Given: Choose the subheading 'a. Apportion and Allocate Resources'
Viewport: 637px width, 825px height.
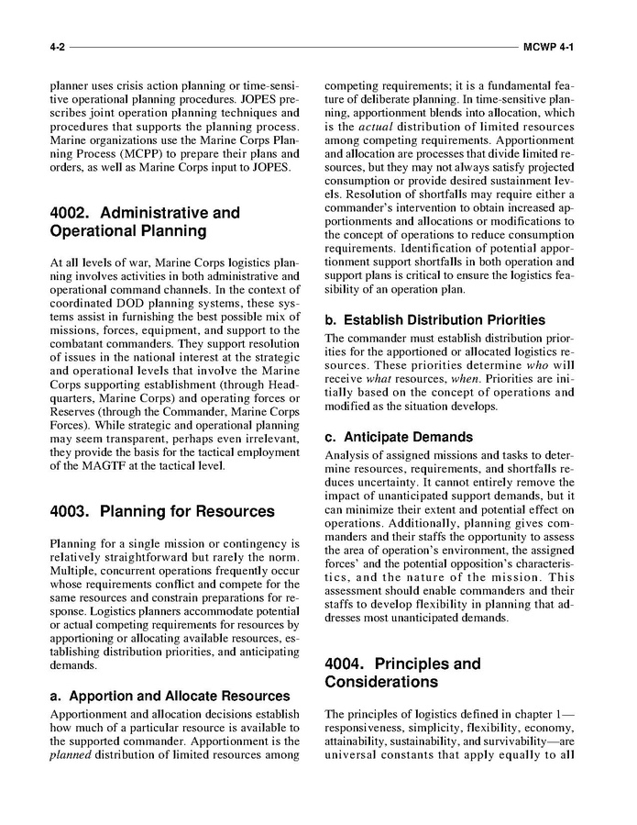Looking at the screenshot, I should click(170, 696).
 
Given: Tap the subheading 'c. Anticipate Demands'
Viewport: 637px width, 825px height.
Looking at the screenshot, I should click(399, 437).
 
